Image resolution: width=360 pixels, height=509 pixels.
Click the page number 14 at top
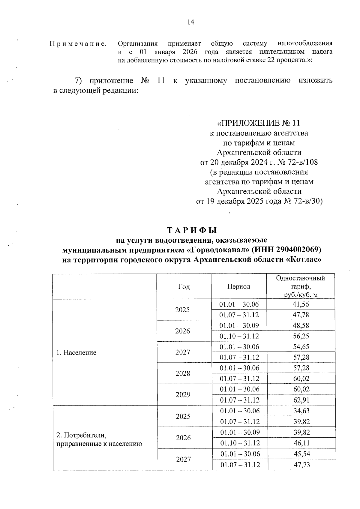tap(191, 22)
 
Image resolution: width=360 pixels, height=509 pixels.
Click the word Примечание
tap(78, 44)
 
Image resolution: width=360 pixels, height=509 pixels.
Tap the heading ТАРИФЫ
tap(192, 230)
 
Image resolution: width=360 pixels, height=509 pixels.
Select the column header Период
tap(238, 286)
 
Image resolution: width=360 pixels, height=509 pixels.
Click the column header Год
tap(184, 286)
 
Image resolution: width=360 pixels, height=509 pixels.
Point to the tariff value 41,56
tap(301, 304)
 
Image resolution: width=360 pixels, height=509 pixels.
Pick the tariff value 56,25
tap(301, 336)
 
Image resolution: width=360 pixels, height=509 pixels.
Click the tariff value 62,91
tap(301, 400)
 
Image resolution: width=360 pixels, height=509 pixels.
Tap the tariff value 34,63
tap(301, 411)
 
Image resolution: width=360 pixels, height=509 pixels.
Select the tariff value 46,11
tap(302, 443)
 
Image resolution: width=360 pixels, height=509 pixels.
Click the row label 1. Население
tap(76, 352)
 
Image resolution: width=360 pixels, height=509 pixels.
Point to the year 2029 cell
tap(183, 395)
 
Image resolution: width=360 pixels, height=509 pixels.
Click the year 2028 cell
tap(183, 373)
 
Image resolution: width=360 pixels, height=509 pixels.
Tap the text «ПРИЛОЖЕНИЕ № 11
tap(258, 123)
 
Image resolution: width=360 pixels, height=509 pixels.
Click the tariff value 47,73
tap(302, 465)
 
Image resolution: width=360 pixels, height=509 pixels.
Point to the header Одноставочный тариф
tap(300, 278)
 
